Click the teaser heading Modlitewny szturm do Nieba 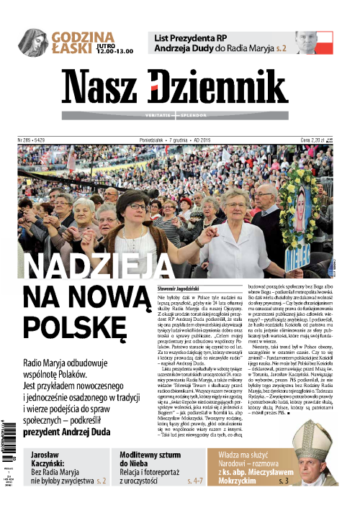(160, 460)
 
